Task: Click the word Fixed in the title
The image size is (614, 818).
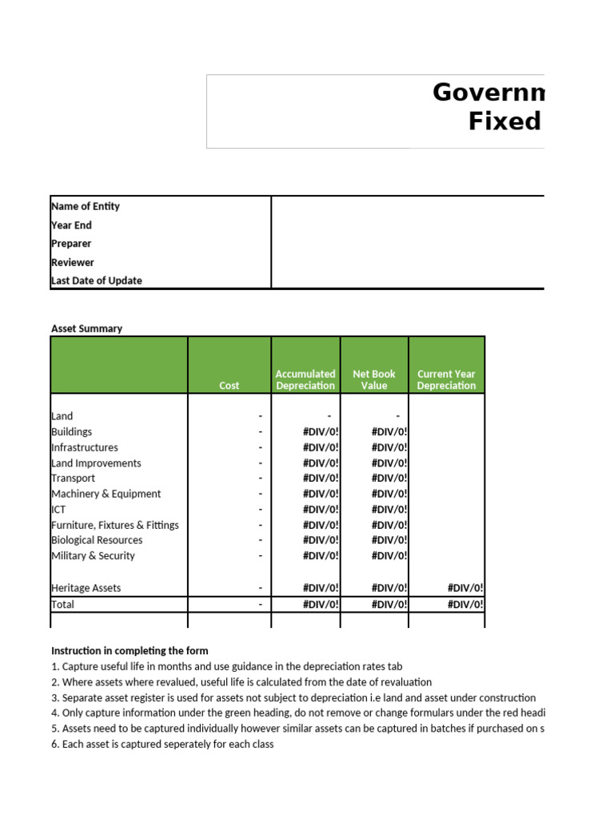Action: pos(504,122)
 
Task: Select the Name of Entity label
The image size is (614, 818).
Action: pos(86,206)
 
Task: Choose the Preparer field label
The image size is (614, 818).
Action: pos(71,244)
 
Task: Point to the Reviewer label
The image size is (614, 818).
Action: pos(73,262)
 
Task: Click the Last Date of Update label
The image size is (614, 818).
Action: pos(97,280)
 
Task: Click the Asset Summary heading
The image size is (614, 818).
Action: pos(86,328)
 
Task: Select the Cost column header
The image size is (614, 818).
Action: pos(229,386)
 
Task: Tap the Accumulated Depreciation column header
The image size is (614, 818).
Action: pos(305,379)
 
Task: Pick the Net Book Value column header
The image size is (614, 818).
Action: pos(374,379)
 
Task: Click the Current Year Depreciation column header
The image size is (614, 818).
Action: pos(446,379)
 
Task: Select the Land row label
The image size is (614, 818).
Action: pos(62,416)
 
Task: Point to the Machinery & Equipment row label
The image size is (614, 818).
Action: pos(106,494)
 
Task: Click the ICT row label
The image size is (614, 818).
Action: pos(58,510)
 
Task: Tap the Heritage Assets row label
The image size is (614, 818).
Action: pos(86,588)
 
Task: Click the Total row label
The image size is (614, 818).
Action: pos(63,605)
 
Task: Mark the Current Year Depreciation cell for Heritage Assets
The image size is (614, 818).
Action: pos(464,588)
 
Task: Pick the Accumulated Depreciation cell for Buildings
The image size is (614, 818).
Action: pos(321,432)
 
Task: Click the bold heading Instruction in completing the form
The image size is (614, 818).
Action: pos(130,651)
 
